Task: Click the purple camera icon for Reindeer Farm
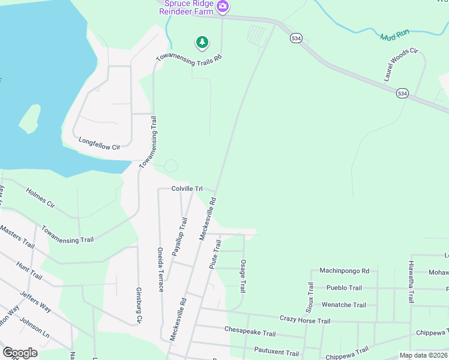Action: click(x=223, y=7)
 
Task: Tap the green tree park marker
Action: click(x=202, y=42)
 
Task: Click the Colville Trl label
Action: click(x=187, y=188)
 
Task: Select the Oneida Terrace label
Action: click(x=160, y=269)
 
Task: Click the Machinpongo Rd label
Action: click(x=344, y=271)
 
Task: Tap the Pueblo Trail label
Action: click(x=342, y=288)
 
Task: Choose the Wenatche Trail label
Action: click(x=344, y=305)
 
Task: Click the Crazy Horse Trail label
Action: click(x=305, y=320)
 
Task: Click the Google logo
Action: click(x=20, y=353)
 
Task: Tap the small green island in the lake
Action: click(x=29, y=119)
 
